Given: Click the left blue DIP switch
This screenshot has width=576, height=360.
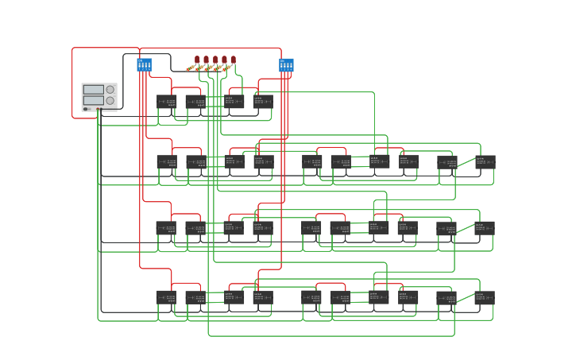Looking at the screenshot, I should [144, 64].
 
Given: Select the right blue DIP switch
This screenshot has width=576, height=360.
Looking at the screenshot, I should [286, 64].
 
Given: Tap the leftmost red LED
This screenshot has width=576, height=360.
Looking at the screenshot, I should [197, 60].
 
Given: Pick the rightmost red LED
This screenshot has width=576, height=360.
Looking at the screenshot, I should [233, 60].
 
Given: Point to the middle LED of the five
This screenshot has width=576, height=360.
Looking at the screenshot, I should [215, 60].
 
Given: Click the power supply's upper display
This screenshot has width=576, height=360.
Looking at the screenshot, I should [93, 90].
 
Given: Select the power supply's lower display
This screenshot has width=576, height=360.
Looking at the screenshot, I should [93, 100].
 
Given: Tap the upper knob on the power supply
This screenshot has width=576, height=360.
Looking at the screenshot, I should [110, 90].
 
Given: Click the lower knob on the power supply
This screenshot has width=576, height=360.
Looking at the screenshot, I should [110, 101].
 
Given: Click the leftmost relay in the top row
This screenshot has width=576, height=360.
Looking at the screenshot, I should [167, 102].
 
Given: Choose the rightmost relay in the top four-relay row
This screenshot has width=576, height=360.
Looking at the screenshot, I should [263, 102].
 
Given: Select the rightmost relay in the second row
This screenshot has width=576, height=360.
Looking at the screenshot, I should [485, 162].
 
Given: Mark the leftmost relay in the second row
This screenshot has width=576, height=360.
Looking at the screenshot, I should [166, 162].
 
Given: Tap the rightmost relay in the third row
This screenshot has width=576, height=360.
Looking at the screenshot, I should [485, 228].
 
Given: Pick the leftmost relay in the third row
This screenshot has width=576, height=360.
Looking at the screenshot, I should [166, 228].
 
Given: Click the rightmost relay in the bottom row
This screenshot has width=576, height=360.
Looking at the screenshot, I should [485, 297].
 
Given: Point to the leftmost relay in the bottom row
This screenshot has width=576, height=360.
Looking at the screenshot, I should [166, 297].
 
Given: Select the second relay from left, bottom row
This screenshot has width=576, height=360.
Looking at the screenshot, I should [195, 297].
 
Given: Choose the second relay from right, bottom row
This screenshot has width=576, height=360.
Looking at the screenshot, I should [446, 298].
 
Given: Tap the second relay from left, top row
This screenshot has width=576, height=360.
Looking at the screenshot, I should [195, 102].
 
